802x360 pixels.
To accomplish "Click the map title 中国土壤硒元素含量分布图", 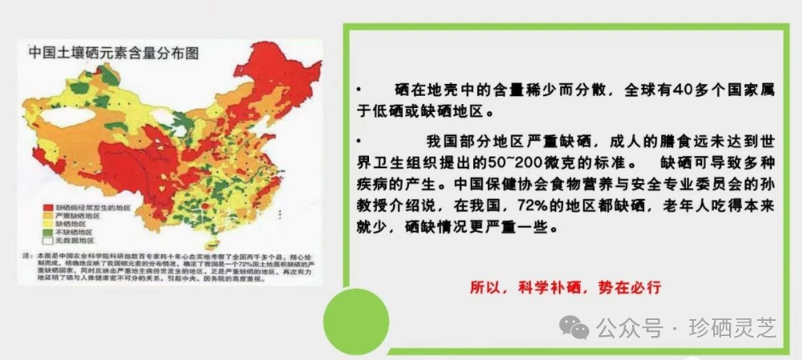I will (114, 54).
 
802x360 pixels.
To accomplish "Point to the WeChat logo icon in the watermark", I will (576, 326).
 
